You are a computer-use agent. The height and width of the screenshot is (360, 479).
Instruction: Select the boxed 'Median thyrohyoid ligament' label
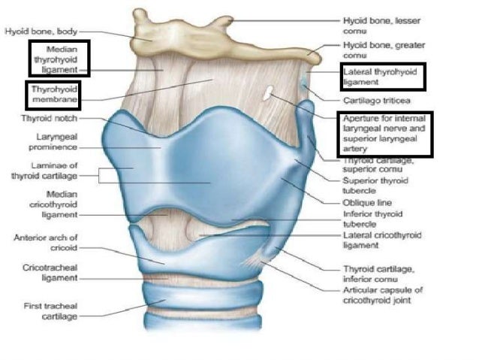coord(59,59)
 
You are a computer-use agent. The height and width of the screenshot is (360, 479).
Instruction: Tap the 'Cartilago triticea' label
coord(376,99)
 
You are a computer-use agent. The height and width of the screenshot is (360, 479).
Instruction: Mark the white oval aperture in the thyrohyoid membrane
coord(268,94)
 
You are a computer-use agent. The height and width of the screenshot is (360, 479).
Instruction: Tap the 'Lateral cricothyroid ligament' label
coord(381,241)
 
